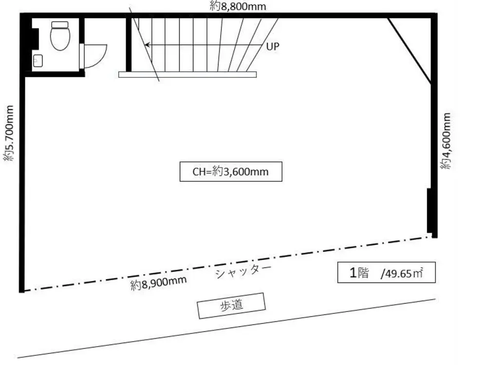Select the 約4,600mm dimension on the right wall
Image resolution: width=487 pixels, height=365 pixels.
tap(446, 141)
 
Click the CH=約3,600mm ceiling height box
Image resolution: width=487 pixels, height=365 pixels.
tap(231, 171)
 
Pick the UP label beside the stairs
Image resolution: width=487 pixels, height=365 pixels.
tap(273, 46)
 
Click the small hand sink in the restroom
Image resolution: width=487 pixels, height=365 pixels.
tap(38, 61)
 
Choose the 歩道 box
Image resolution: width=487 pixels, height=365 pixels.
tap(231, 306)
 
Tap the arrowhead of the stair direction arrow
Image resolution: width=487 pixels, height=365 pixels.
tap(147, 45)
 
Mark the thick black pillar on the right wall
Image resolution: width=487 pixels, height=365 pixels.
tap(430, 210)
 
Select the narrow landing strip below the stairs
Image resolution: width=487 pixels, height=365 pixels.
tap(187, 75)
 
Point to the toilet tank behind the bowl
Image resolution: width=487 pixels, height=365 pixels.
tap(61, 24)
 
